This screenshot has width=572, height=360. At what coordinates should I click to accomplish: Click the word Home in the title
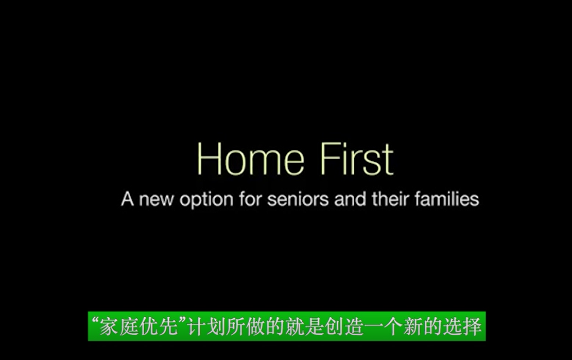[251, 159]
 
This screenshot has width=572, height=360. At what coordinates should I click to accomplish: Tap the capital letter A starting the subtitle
[127, 199]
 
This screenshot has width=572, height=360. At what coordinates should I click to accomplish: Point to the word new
[156, 200]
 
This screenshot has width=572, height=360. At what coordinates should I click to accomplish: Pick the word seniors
[298, 200]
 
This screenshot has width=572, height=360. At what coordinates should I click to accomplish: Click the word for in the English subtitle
[250, 199]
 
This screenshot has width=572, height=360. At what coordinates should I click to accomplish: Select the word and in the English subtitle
[350, 199]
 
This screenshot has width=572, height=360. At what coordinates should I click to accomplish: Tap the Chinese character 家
[109, 327]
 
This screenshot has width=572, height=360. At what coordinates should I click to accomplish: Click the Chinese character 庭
[129, 327]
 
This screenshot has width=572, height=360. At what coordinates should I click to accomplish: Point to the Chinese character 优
[148, 327]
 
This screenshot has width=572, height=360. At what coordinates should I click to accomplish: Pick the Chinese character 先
[168, 327]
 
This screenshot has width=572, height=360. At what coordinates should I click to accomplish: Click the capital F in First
[330, 159]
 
